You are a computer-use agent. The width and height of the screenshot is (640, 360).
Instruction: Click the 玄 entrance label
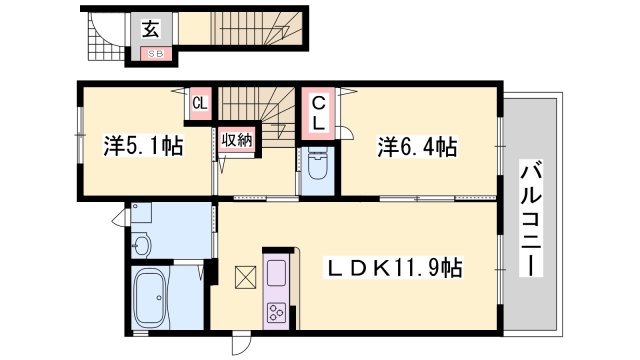tap(151, 29)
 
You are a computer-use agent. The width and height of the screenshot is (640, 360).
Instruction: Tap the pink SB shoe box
tap(155, 53)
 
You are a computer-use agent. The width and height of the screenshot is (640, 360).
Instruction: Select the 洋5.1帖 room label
tap(143, 146)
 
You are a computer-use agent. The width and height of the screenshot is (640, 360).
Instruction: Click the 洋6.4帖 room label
tap(417, 147)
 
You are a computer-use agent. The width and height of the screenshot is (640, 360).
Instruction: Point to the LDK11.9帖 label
tap(393, 268)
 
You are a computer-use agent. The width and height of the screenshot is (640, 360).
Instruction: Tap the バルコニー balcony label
tap(531, 219)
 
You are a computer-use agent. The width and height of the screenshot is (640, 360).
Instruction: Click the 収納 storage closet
tap(237, 140)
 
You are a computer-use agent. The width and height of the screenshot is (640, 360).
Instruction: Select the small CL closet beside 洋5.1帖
tap(200, 104)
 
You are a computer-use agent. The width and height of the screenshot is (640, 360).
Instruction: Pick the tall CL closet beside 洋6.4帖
tap(318, 113)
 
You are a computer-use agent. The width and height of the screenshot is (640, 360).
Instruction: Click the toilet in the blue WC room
tap(318, 164)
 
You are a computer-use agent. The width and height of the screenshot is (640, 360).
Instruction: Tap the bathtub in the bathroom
tap(150, 297)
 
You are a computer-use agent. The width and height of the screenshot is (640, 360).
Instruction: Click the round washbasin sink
tap(142, 245)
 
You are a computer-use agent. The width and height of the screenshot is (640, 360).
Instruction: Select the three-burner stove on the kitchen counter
tap(276, 313)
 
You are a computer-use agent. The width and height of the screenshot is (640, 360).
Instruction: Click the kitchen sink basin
tap(276, 273)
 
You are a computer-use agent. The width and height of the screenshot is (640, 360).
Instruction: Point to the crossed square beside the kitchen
tap(246, 278)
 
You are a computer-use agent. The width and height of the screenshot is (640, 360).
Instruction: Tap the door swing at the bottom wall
tap(241, 345)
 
